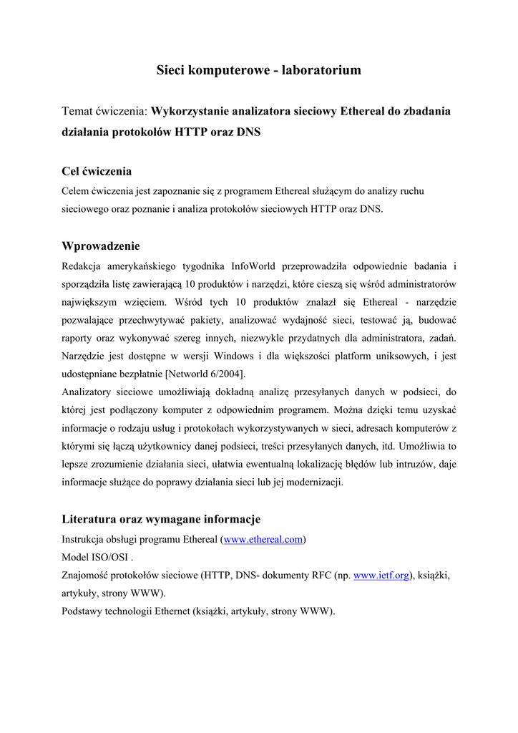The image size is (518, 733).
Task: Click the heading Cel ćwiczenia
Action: point(97,172)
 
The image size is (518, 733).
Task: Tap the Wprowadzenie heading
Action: point(101,247)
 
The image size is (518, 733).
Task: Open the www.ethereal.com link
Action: point(263,539)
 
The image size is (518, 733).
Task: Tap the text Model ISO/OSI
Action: point(96,557)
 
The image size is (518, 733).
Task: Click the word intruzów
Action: point(419,464)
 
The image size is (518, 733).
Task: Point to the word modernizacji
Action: point(313,482)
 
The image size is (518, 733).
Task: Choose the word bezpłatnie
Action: point(136,374)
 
